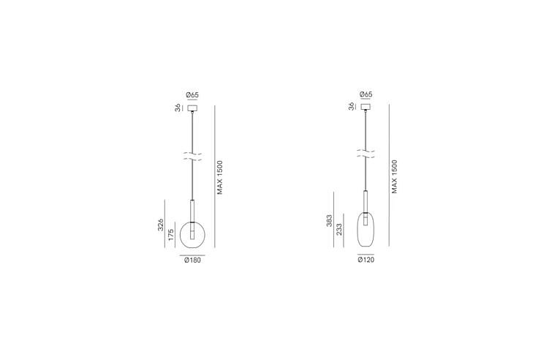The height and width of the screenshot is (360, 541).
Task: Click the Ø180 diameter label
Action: (x=192, y=260)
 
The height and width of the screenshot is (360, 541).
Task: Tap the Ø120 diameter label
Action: (x=366, y=260)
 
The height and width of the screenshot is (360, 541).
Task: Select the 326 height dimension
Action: (x=160, y=225)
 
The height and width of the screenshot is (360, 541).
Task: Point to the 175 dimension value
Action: (x=171, y=235)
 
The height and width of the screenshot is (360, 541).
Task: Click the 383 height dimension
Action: (x=329, y=221)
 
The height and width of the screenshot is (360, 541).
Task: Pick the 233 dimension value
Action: (x=339, y=230)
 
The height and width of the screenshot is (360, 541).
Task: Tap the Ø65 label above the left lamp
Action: (x=192, y=94)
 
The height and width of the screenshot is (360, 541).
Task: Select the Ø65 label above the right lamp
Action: (x=366, y=94)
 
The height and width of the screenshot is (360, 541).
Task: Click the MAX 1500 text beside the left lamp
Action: (x=220, y=177)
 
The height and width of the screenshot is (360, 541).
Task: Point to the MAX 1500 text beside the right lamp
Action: (x=394, y=176)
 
